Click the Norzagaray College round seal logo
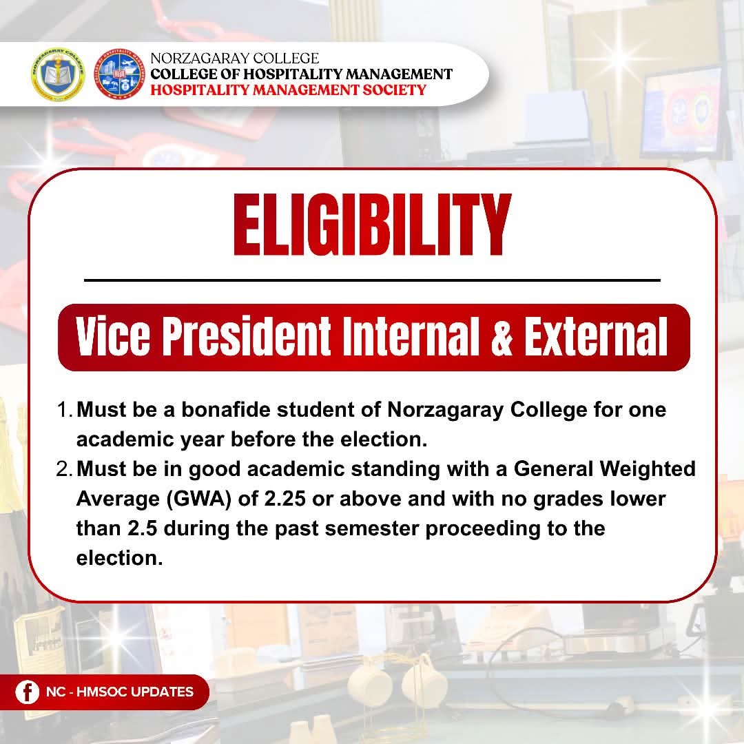click(x=58, y=74)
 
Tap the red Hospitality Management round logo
click(x=119, y=74)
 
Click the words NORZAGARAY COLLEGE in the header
click(x=234, y=58)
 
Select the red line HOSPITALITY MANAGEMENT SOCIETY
click(x=288, y=90)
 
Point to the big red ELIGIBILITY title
click(x=373, y=225)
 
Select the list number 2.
click(x=63, y=469)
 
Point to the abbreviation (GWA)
click(x=199, y=499)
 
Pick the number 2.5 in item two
click(x=143, y=528)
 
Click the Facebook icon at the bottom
click(x=27, y=692)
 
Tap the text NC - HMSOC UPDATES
click(x=120, y=692)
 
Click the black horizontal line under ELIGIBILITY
click(x=373, y=280)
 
